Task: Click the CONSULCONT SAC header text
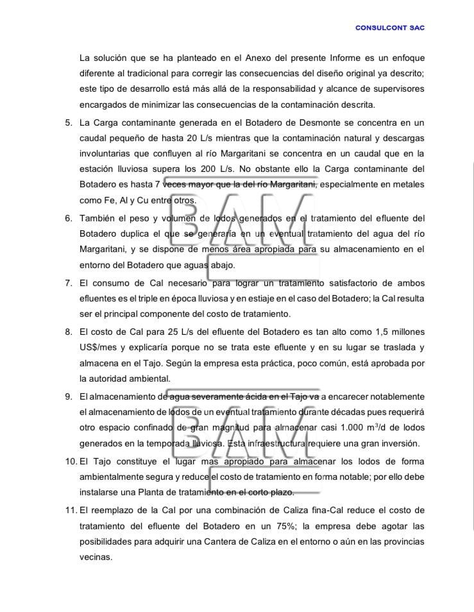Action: (389, 28)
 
